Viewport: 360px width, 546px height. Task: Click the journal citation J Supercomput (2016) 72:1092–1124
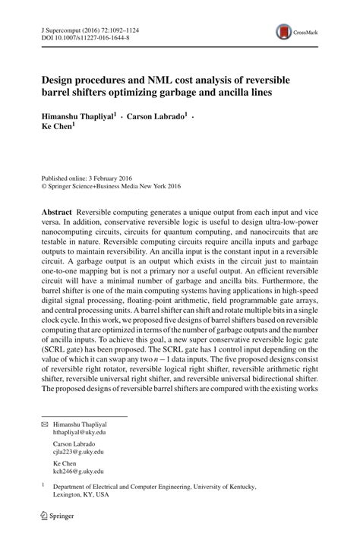click(x=87, y=25)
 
